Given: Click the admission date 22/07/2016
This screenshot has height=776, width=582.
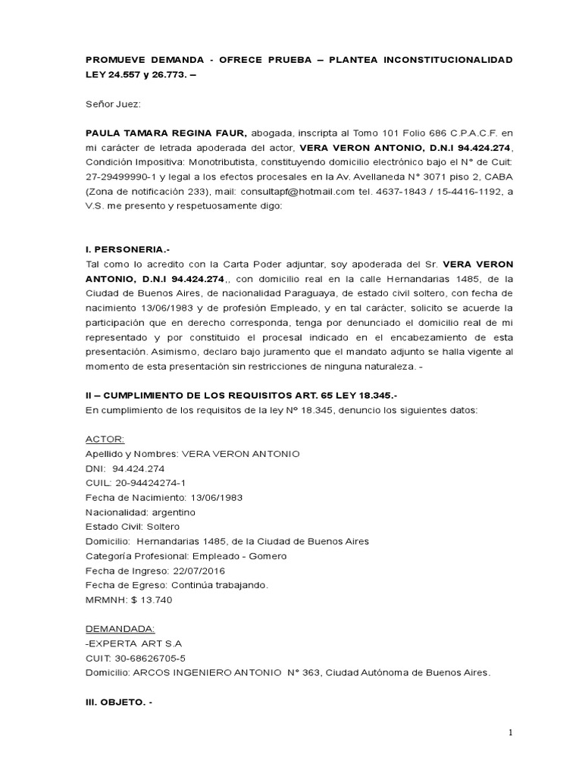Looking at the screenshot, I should tap(192, 571).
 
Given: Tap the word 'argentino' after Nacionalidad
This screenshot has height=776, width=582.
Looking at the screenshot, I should tap(173, 512).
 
